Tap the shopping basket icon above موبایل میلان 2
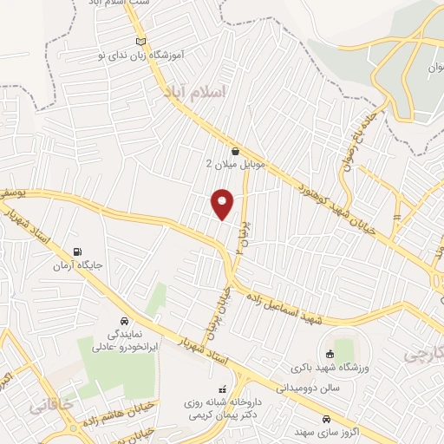click(235, 151)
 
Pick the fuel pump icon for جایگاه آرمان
click(80, 253)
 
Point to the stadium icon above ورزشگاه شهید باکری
click(330, 353)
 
